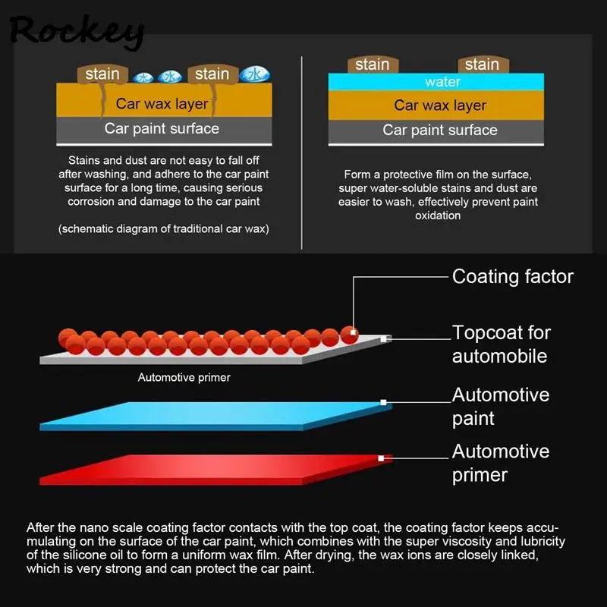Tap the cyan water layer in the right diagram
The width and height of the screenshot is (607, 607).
(x=436, y=82)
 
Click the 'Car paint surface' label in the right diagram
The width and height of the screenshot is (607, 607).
(x=439, y=130)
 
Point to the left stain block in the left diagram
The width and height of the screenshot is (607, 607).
(x=102, y=74)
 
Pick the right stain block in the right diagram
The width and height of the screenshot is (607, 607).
(x=482, y=64)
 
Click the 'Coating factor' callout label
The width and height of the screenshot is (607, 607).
(x=513, y=276)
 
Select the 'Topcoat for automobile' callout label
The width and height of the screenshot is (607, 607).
(x=502, y=344)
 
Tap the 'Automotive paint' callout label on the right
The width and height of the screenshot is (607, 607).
(x=501, y=406)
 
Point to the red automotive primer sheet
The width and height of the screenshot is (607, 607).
(x=212, y=468)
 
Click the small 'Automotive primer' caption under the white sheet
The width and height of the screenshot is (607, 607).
(x=184, y=377)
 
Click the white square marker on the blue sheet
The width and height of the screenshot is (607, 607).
(x=383, y=402)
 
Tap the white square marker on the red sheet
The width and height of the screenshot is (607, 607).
(x=381, y=458)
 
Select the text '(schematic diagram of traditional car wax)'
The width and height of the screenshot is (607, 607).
(x=164, y=229)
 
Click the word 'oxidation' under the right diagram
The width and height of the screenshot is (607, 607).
(x=439, y=215)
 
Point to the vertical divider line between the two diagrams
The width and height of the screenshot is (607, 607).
(x=302, y=152)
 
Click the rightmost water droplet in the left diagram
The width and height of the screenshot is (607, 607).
(x=254, y=74)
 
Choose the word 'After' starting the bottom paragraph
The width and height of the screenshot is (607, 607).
(x=42, y=527)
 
